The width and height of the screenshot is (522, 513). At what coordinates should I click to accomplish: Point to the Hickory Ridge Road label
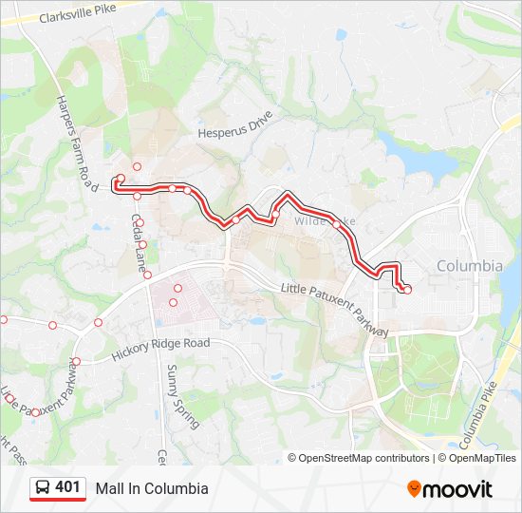tap(159, 349)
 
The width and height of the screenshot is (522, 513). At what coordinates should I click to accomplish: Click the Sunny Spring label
tap(183, 396)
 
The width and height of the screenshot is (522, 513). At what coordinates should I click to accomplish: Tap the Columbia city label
tap(469, 266)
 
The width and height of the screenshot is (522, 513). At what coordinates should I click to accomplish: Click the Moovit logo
tap(450, 489)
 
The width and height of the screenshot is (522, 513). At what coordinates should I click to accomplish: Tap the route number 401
tap(67, 487)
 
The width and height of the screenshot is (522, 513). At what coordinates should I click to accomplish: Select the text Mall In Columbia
tap(151, 488)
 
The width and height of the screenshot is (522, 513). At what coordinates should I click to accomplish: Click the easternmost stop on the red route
tap(407, 289)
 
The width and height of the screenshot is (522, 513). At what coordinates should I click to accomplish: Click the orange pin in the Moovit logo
tap(414, 489)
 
